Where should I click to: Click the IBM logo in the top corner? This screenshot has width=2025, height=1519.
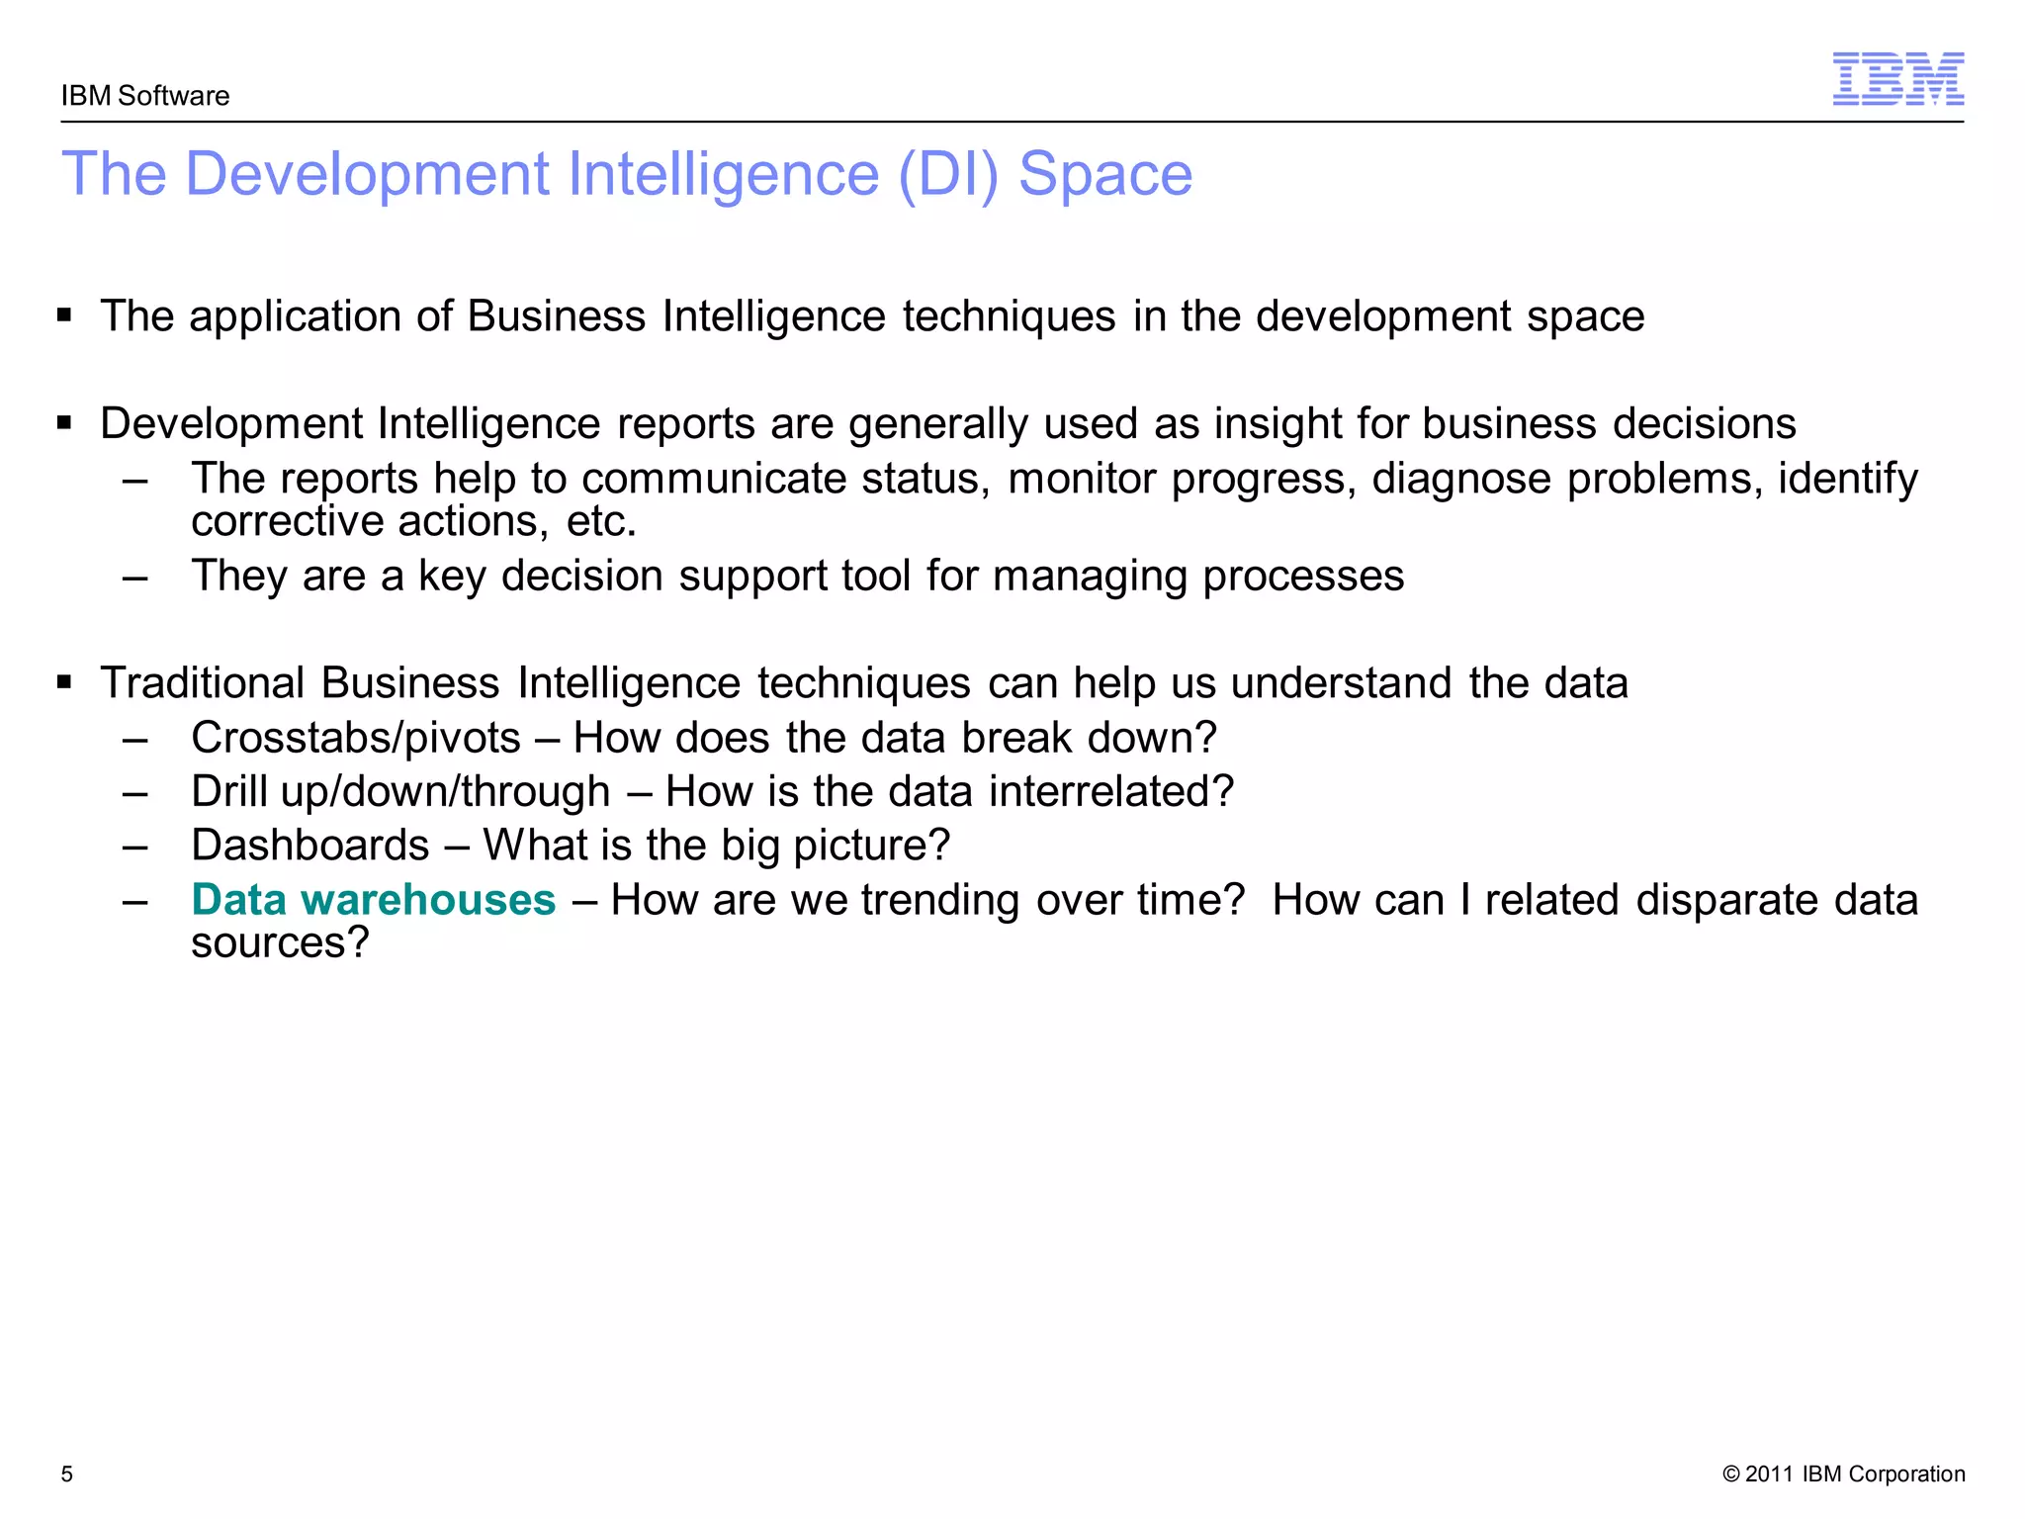(x=1897, y=79)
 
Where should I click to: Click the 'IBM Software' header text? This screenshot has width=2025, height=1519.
(x=145, y=96)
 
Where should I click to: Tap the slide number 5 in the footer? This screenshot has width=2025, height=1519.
(x=67, y=1474)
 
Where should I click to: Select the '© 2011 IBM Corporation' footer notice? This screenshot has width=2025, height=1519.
(x=1843, y=1474)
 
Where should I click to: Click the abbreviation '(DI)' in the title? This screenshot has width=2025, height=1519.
(x=948, y=175)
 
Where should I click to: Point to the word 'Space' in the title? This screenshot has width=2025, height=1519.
(x=1105, y=175)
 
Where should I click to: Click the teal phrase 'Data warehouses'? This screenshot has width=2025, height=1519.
(x=373, y=900)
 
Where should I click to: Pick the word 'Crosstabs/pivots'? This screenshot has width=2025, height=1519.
(x=356, y=738)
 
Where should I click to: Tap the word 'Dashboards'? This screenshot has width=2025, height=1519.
(x=310, y=846)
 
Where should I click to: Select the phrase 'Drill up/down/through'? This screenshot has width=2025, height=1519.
(x=400, y=791)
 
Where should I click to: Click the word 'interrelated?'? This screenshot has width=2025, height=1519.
(x=1111, y=791)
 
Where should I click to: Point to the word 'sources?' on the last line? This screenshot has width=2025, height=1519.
(x=280, y=943)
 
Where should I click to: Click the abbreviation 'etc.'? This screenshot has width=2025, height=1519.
(x=601, y=521)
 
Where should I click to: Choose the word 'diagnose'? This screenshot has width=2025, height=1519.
(x=1461, y=480)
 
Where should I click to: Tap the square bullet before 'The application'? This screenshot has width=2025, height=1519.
(x=65, y=316)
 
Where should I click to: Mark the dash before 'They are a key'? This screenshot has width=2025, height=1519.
(x=135, y=577)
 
